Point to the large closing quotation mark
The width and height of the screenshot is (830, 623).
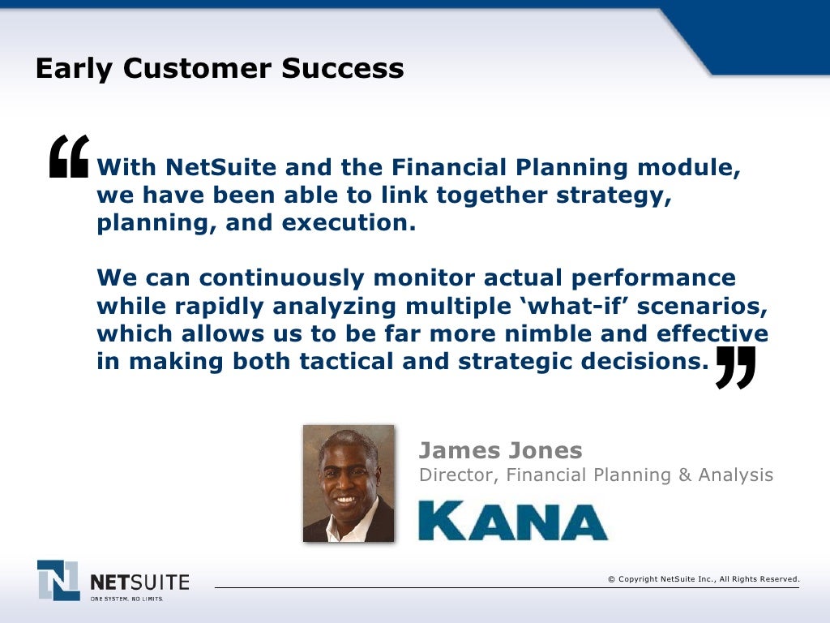(735, 367)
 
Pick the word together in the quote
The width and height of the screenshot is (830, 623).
(486, 195)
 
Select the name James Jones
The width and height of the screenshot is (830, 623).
(500, 450)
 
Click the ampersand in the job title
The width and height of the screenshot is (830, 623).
(685, 475)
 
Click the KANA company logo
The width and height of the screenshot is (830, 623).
(512, 521)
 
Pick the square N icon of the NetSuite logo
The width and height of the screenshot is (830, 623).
(58, 580)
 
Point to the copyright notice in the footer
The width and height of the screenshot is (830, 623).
(704, 578)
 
